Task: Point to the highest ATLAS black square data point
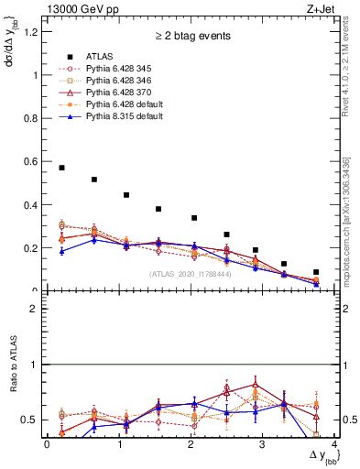pos(61,168)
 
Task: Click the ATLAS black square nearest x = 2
pos(194,218)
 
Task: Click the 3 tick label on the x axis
pos(262,444)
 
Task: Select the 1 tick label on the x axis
pos(119,444)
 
